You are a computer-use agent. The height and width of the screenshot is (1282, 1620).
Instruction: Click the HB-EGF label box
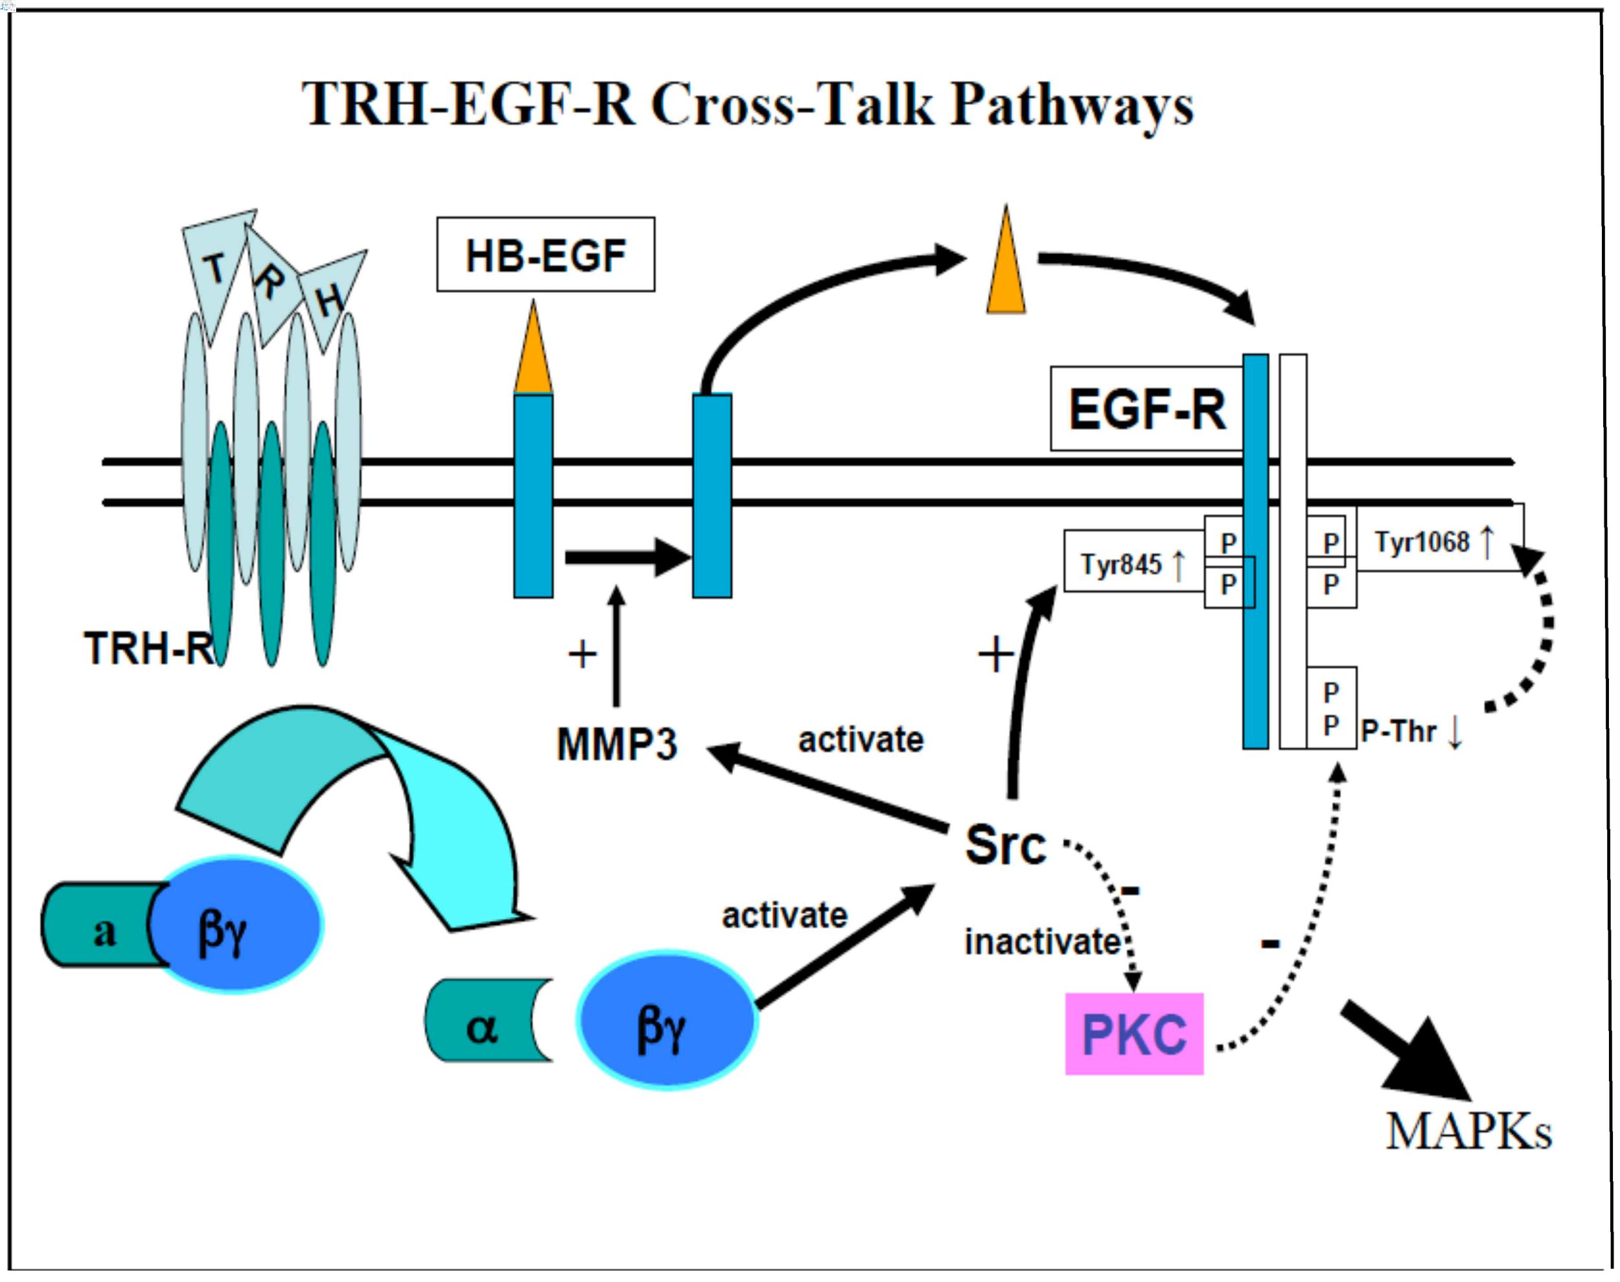[x=546, y=255]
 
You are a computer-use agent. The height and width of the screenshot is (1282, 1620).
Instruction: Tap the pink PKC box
[x=1134, y=1034]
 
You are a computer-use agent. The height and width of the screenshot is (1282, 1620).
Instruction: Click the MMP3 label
[x=617, y=745]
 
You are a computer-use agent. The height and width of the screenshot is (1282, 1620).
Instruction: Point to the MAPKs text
[x=1468, y=1131]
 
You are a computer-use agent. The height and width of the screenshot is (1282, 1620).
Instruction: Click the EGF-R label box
[x=1146, y=410]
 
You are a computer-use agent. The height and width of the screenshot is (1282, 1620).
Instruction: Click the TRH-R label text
[x=148, y=649]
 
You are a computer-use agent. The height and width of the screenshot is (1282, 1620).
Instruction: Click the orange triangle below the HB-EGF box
[x=533, y=351]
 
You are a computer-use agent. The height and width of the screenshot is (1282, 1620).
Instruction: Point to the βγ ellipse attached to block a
[x=237, y=925]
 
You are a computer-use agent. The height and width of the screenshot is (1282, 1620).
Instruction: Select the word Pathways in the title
[x=1072, y=105]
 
